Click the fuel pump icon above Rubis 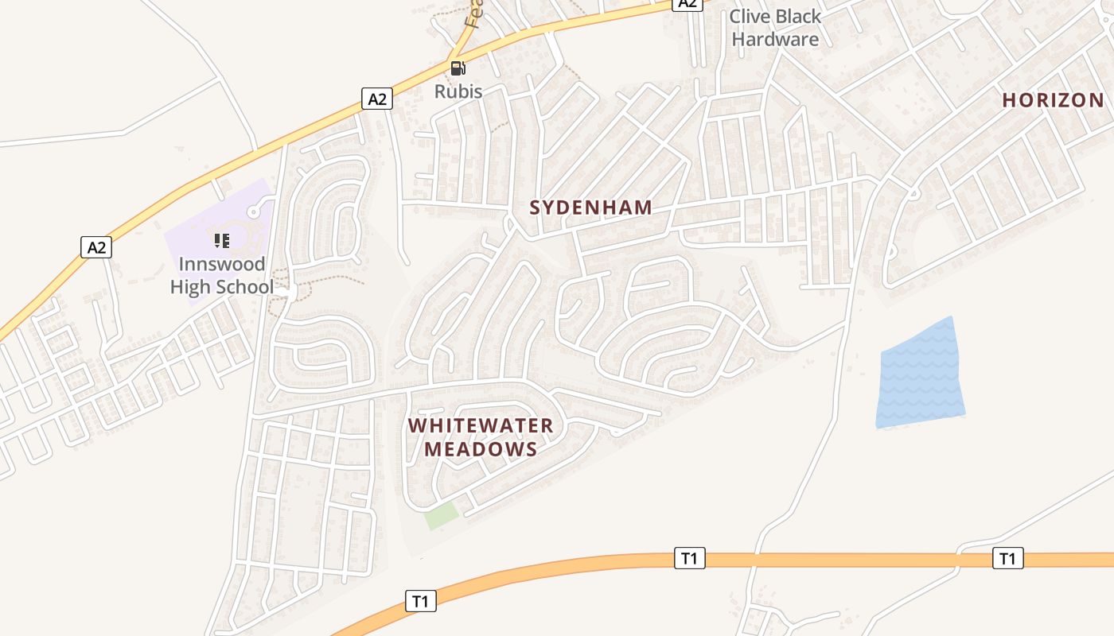click(x=458, y=68)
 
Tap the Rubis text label click(x=458, y=91)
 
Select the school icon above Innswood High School click(x=221, y=240)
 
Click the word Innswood click(x=222, y=264)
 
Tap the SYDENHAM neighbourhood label click(x=591, y=208)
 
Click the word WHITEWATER click(x=481, y=426)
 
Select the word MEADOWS click(x=481, y=450)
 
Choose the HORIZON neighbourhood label click(x=1054, y=100)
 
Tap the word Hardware click(x=775, y=39)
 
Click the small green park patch click(x=441, y=515)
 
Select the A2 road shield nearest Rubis click(x=378, y=99)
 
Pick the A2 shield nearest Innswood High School click(x=96, y=247)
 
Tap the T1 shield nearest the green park click(x=421, y=601)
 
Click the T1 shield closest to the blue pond click(x=1007, y=558)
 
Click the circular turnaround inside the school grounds click(x=253, y=212)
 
